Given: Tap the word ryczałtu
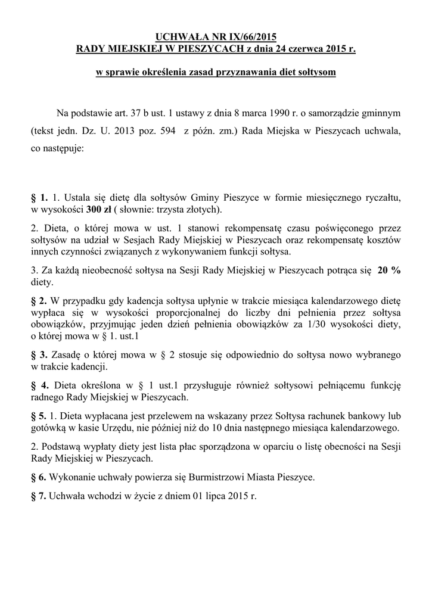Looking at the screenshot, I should click(381, 198).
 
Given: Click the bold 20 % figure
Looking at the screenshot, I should click(390, 270).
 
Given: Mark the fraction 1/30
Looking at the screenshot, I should click(330, 324).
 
